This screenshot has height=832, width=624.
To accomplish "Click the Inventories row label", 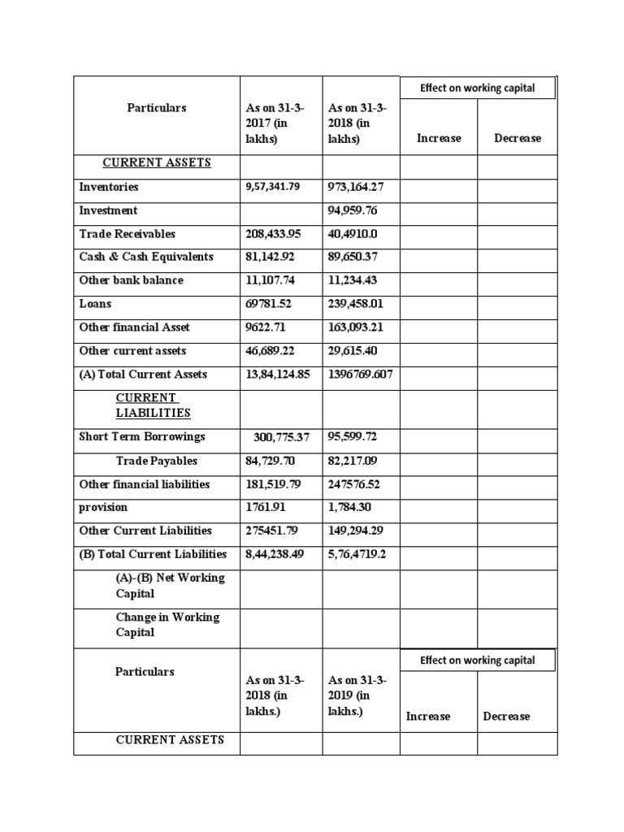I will pyautogui.click(x=109, y=187).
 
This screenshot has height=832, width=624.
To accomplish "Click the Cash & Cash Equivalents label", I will pyautogui.click(x=146, y=257).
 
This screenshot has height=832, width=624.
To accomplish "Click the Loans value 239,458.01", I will pyautogui.click(x=361, y=304).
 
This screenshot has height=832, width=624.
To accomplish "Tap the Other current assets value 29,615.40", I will pyautogui.click(x=358, y=351).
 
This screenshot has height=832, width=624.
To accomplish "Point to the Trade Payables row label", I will pyautogui.click(x=157, y=461).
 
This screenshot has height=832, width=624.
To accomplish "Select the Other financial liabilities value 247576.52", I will pyautogui.click(x=358, y=484).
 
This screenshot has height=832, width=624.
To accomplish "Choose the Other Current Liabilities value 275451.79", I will pyautogui.click(x=273, y=531).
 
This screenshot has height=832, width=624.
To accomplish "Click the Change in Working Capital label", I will pyautogui.click(x=167, y=625).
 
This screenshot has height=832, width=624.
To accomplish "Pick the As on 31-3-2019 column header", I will pyautogui.click(x=357, y=695).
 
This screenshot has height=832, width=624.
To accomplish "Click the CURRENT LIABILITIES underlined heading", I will pyautogui.click(x=154, y=405).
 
